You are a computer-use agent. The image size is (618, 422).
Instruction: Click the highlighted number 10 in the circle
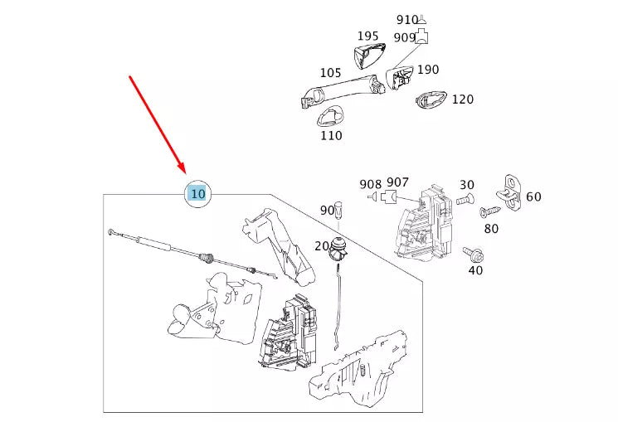click(197, 194)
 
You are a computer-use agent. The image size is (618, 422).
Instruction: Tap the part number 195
click(367, 36)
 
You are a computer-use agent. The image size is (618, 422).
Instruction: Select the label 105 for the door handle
click(330, 73)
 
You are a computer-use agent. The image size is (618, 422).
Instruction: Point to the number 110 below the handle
click(331, 135)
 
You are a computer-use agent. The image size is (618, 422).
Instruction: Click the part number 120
click(462, 99)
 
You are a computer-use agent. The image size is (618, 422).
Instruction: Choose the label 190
click(428, 70)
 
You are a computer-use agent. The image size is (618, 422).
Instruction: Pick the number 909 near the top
click(405, 37)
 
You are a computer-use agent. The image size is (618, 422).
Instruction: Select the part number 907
click(397, 182)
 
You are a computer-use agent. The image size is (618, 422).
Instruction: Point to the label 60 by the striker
click(533, 196)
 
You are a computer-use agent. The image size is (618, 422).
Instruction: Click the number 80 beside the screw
click(491, 228)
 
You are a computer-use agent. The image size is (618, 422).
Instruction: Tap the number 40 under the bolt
click(475, 269)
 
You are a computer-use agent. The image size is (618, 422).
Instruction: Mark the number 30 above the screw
click(467, 185)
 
